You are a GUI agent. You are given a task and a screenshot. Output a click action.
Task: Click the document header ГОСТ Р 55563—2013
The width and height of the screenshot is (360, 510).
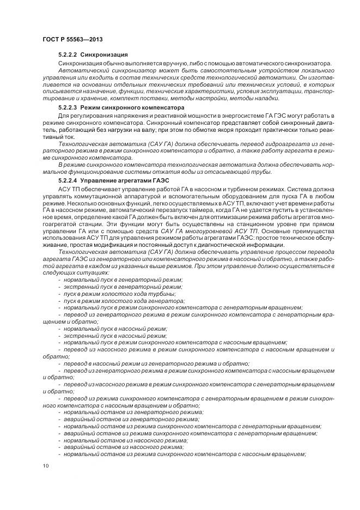pos(72,40)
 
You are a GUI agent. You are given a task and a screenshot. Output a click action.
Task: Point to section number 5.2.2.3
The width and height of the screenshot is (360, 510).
pos(69,108)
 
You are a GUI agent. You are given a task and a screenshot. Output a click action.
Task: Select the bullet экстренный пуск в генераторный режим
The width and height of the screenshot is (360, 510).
pos(123,287)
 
